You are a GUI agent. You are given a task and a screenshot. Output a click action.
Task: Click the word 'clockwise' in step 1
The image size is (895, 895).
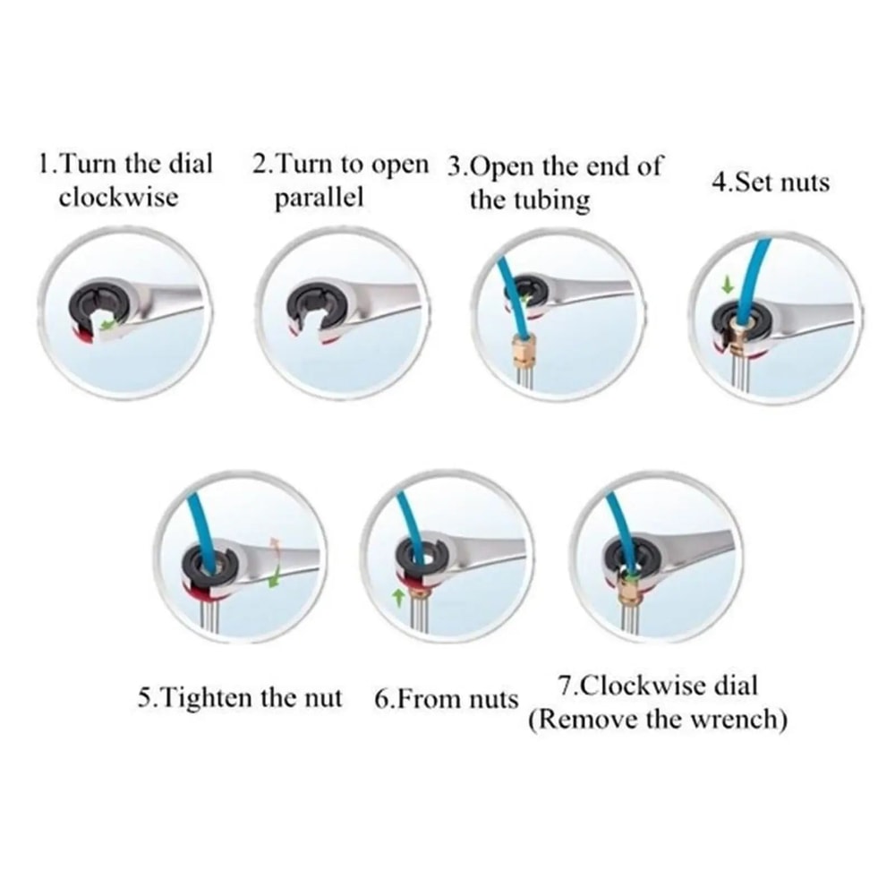(118, 196)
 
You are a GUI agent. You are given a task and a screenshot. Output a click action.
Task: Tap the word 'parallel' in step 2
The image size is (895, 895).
(319, 197)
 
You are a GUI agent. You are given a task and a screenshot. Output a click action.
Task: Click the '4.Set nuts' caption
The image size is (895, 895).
(770, 183)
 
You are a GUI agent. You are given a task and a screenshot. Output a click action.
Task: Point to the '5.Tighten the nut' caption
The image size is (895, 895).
(240, 698)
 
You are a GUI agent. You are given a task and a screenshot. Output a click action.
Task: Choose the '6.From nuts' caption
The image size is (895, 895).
(446, 698)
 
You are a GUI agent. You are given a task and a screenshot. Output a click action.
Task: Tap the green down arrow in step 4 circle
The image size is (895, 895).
(729, 286)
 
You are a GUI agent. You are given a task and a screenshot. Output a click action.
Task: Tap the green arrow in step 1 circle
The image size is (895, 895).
(109, 326)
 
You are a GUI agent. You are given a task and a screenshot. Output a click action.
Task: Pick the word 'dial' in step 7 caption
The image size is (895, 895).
(735, 686)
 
